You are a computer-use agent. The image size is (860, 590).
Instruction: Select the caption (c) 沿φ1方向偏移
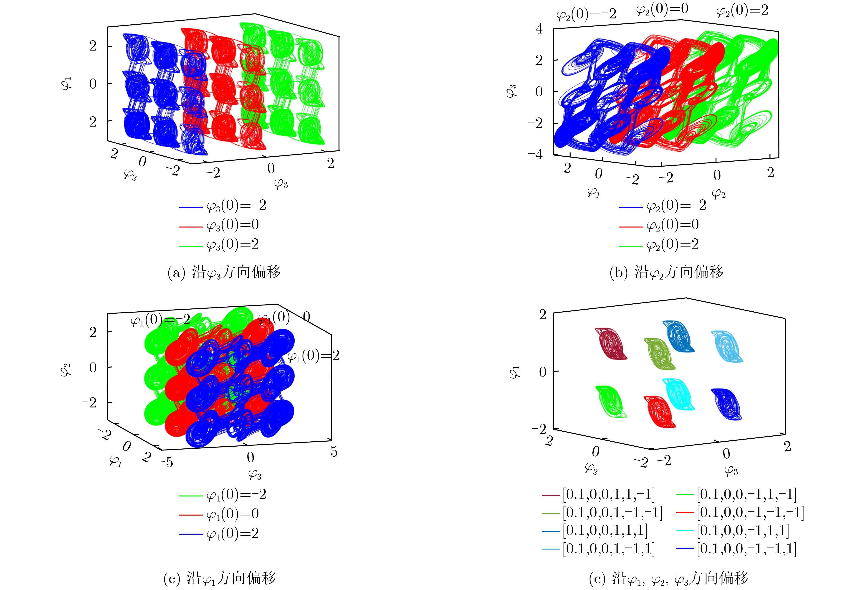220,578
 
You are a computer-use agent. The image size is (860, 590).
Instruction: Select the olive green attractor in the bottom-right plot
659,353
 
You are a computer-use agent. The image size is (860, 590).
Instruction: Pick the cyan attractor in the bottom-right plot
678,394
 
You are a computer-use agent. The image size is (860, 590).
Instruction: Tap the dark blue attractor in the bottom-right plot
726,403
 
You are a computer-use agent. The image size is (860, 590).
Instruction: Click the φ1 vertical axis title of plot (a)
67,84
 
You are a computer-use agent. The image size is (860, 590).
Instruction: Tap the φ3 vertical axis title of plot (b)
512,90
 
